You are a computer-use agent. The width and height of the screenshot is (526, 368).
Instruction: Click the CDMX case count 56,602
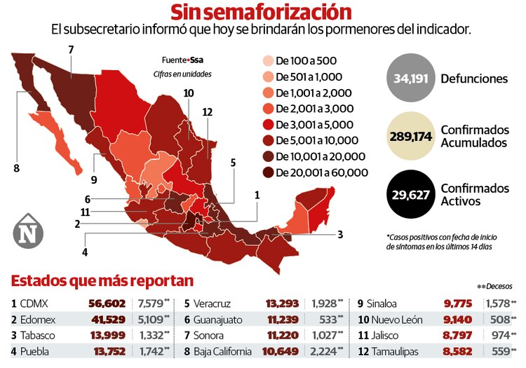[x=107, y=304]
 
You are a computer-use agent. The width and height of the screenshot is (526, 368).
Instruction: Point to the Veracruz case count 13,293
[x=285, y=304]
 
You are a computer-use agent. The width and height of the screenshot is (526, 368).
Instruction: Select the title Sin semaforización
[x=261, y=12]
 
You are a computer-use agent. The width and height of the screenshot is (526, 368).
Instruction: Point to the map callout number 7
[x=71, y=49]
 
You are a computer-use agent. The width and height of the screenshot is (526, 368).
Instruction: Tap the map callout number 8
[x=16, y=168]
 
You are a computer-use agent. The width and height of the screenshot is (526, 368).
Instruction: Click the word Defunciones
[x=474, y=79]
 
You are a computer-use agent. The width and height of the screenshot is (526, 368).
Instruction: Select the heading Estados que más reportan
[x=102, y=281]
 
